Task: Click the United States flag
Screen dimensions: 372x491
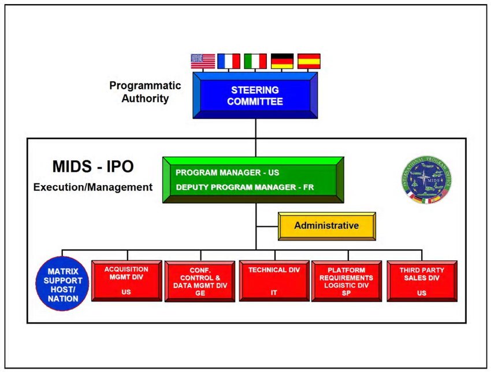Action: (x=202, y=61)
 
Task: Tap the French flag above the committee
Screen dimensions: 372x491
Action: (x=229, y=61)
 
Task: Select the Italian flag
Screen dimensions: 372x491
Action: (x=255, y=61)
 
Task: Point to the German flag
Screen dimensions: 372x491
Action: (x=282, y=61)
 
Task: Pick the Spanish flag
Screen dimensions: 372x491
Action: (x=308, y=61)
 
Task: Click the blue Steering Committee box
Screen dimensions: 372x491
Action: (x=255, y=95)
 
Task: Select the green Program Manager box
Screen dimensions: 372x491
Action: (x=253, y=179)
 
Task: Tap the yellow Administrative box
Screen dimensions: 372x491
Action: (x=326, y=226)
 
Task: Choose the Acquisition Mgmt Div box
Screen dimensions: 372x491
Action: (x=127, y=281)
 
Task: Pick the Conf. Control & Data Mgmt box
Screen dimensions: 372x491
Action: (x=200, y=281)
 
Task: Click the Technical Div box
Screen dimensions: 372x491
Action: (x=274, y=281)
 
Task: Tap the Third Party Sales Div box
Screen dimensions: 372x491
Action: (x=421, y=281)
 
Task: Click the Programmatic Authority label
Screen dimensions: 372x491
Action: (x=145, y=92)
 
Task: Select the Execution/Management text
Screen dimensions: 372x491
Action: (x=93, y=187)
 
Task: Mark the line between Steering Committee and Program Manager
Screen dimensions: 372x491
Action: (x=255, y=137)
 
